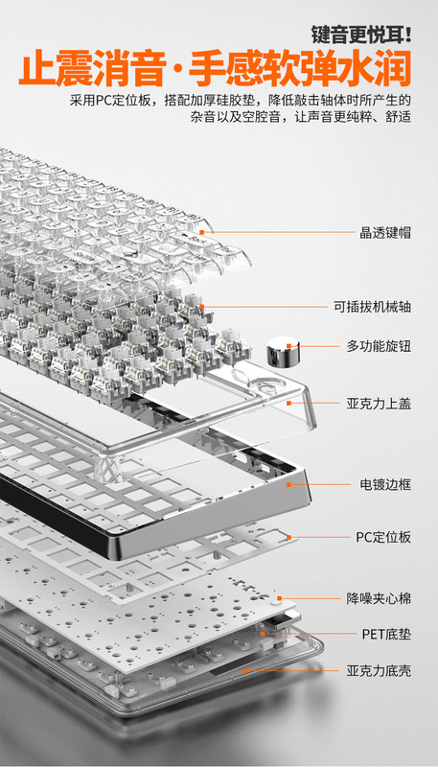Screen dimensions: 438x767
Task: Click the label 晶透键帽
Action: pos(385,232)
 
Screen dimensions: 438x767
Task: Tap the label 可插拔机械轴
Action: pos(373,307)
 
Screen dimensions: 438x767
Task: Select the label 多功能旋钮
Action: pos(379,346)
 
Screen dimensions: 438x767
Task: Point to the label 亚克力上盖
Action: pos(379,404)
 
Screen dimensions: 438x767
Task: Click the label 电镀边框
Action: pos(385,485)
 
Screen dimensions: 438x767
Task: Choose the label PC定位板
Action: pos(383,537)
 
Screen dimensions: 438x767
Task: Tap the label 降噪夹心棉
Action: pos(379,598)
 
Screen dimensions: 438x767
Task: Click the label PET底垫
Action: pos(386,635)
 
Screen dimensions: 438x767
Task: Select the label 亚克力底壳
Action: pos(379,670)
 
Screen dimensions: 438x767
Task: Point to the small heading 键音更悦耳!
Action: pos(361,35)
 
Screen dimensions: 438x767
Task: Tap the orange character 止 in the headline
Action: pos(35,70)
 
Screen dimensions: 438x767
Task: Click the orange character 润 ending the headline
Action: pos(393,70)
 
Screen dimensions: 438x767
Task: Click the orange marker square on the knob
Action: pos(288,346)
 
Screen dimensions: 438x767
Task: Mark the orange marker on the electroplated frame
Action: pos(288,484)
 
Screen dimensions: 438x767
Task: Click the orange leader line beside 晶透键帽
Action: pos(279,232)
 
